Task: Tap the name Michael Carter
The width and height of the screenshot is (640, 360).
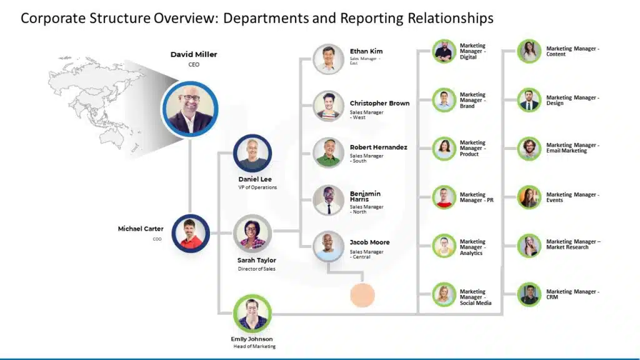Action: click(141, 229)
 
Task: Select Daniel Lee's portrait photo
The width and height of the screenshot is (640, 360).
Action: click(252, 153)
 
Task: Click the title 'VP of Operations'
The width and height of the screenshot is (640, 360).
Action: click(257, 187)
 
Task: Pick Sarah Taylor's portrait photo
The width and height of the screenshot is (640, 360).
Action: click(252, 233)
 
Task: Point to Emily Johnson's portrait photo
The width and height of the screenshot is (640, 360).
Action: click(252, 313)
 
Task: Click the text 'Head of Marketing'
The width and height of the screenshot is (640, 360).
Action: click(254, 346)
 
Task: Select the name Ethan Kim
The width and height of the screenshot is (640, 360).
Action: click(366, 51)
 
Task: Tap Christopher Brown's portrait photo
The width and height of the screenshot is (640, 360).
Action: click(328, 106)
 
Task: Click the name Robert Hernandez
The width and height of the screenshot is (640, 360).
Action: click(378, 147)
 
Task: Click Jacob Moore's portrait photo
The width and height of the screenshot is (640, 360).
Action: click(328, 247)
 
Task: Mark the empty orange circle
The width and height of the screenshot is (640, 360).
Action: click(362, 295)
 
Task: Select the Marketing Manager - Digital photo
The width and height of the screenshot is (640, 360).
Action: click(444, 51)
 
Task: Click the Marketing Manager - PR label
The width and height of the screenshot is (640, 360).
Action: click(476, 197)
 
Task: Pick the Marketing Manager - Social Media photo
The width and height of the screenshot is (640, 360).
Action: click(444, 294)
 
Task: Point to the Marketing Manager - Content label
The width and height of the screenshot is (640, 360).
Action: click(572, 51)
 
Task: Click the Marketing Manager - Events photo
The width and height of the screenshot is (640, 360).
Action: click(529, 197)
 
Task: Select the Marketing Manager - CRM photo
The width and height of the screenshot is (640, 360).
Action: click(529, 294)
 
